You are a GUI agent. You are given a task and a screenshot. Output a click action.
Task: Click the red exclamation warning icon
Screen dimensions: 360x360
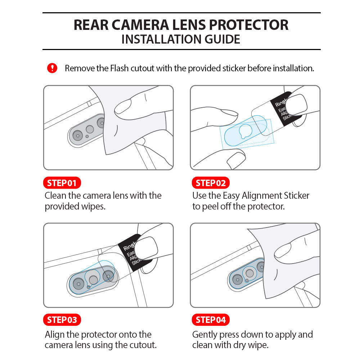[52, 68]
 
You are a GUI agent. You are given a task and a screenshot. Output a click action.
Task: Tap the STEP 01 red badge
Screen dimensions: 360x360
[62, 183]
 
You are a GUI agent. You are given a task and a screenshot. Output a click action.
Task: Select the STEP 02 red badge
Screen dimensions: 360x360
[211, 183]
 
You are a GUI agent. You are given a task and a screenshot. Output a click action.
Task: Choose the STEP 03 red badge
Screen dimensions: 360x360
[62, 320]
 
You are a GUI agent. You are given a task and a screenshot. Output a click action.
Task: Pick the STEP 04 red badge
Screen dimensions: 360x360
[211, 320]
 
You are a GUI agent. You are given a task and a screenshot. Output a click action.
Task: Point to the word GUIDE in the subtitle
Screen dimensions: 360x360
[222, 39]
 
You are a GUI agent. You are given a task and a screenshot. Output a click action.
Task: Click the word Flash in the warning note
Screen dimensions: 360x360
[119, 68]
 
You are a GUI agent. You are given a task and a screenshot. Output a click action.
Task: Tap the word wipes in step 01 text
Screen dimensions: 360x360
[93, 206]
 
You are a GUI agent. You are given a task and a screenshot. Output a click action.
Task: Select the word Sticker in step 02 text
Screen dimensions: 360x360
[297, 195]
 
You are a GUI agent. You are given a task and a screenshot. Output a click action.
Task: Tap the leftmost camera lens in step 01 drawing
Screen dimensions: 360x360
[78, 135]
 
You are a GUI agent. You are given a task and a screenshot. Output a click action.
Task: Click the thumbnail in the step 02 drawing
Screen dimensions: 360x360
[296, 105]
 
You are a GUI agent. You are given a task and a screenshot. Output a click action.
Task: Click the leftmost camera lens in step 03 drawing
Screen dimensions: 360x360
[78, 284]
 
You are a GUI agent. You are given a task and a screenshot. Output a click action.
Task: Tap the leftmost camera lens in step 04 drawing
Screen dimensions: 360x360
[237, 280]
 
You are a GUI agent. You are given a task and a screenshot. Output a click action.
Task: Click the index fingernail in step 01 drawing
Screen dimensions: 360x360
[123, 107]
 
